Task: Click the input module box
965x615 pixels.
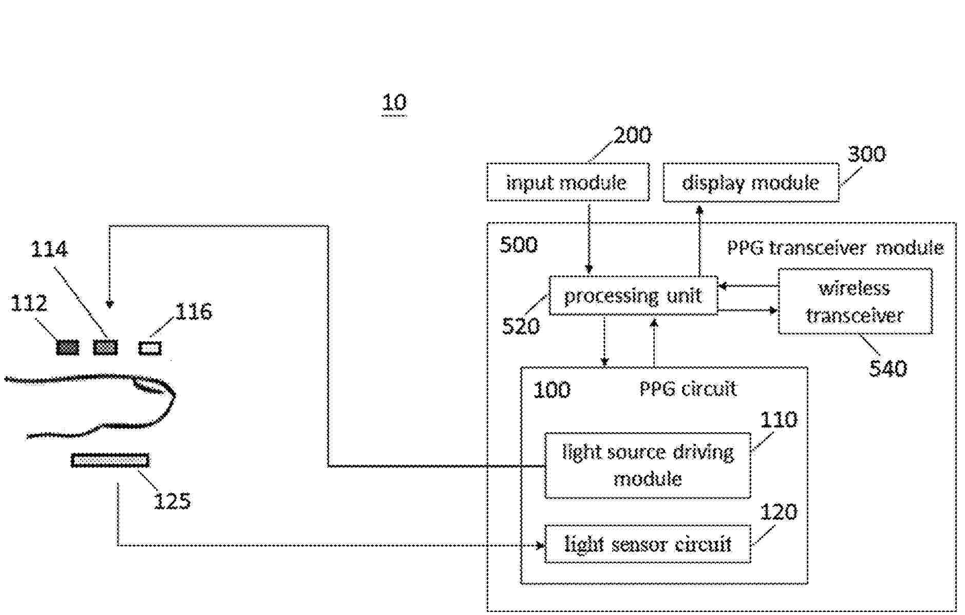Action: pos(567,182)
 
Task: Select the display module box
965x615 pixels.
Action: pos(750,183)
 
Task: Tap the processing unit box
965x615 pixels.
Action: pos(633,296)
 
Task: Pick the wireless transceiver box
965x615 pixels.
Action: pos(855,302)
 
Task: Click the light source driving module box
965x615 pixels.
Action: pos(647,465)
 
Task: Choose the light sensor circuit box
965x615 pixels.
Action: pos(647,544)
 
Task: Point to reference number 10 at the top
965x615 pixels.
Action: pos(394,102)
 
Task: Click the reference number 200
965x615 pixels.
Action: pos(632,135)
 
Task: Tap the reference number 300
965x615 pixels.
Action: pos(866,154)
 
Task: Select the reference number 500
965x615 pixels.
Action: pos(519,245)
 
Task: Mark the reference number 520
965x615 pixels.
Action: pos(521,326)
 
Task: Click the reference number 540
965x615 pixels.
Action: pos(887,368)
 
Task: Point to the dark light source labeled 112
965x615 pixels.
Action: pos(67,348)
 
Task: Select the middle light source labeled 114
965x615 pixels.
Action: pos(105,348)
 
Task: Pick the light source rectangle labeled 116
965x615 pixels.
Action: pos(150,348)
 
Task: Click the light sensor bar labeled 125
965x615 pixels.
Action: pos(110,460)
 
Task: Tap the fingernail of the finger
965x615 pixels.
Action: pos(152,386)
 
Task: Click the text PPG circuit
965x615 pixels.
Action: pos(688,389)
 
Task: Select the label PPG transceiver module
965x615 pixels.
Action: pos(835,248)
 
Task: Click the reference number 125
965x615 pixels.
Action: pos(172,500)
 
